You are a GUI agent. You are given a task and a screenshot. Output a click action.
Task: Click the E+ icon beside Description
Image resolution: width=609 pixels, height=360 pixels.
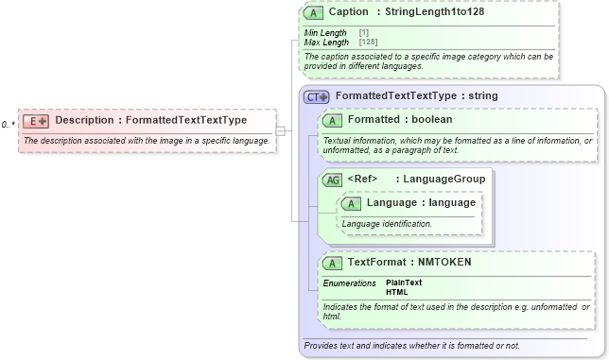36,121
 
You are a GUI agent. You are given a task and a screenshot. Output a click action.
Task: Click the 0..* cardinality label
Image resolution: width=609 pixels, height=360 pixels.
9,125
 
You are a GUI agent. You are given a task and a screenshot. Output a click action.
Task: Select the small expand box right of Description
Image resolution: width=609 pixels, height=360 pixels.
280,130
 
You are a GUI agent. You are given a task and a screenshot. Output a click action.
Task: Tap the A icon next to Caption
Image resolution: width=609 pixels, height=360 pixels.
313,14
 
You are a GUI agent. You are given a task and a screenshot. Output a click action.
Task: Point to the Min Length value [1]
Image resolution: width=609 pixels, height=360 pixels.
364,33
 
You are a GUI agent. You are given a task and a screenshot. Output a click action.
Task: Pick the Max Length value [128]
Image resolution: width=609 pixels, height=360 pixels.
368,43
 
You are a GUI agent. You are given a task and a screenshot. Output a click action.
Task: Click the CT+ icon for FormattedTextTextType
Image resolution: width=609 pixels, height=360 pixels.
316,96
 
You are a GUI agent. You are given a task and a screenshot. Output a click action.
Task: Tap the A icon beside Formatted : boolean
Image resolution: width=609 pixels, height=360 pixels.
332,121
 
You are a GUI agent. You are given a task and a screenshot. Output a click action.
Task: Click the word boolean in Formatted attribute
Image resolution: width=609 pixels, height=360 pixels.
430,120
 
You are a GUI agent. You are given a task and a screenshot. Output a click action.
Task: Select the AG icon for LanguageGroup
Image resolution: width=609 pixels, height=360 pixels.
333,180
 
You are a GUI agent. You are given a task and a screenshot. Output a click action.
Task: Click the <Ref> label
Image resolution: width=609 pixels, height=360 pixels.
362,179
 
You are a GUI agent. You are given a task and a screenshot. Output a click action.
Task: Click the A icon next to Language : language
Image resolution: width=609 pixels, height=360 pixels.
351,203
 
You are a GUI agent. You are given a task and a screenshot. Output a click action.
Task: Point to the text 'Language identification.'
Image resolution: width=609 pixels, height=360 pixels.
387,224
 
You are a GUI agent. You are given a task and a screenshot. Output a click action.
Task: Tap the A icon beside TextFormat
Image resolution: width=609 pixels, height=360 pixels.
332,263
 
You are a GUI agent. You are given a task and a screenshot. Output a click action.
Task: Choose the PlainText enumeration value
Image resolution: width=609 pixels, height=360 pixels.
404,283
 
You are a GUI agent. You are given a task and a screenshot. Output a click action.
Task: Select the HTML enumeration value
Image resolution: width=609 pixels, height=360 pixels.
396,292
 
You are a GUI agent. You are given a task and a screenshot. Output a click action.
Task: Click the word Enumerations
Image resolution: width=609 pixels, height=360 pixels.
349,283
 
